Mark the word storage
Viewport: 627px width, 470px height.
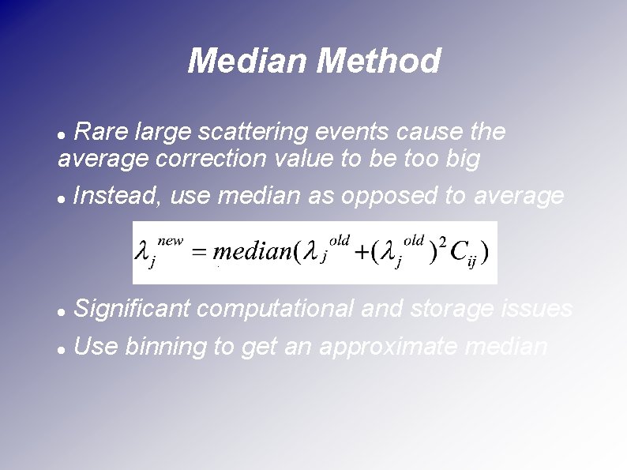(452, 309)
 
